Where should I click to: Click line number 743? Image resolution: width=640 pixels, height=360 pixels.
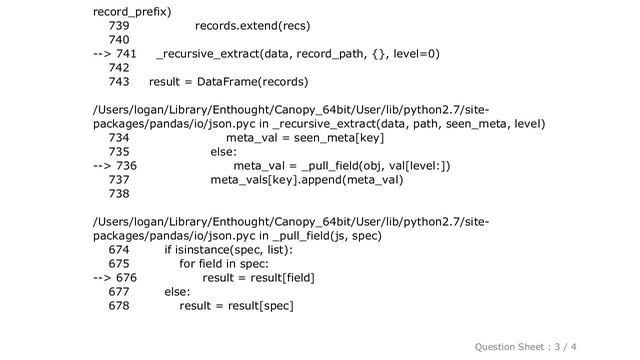(x=118, y=81)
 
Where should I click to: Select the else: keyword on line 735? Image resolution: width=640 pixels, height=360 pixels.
(x=224, y=151)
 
